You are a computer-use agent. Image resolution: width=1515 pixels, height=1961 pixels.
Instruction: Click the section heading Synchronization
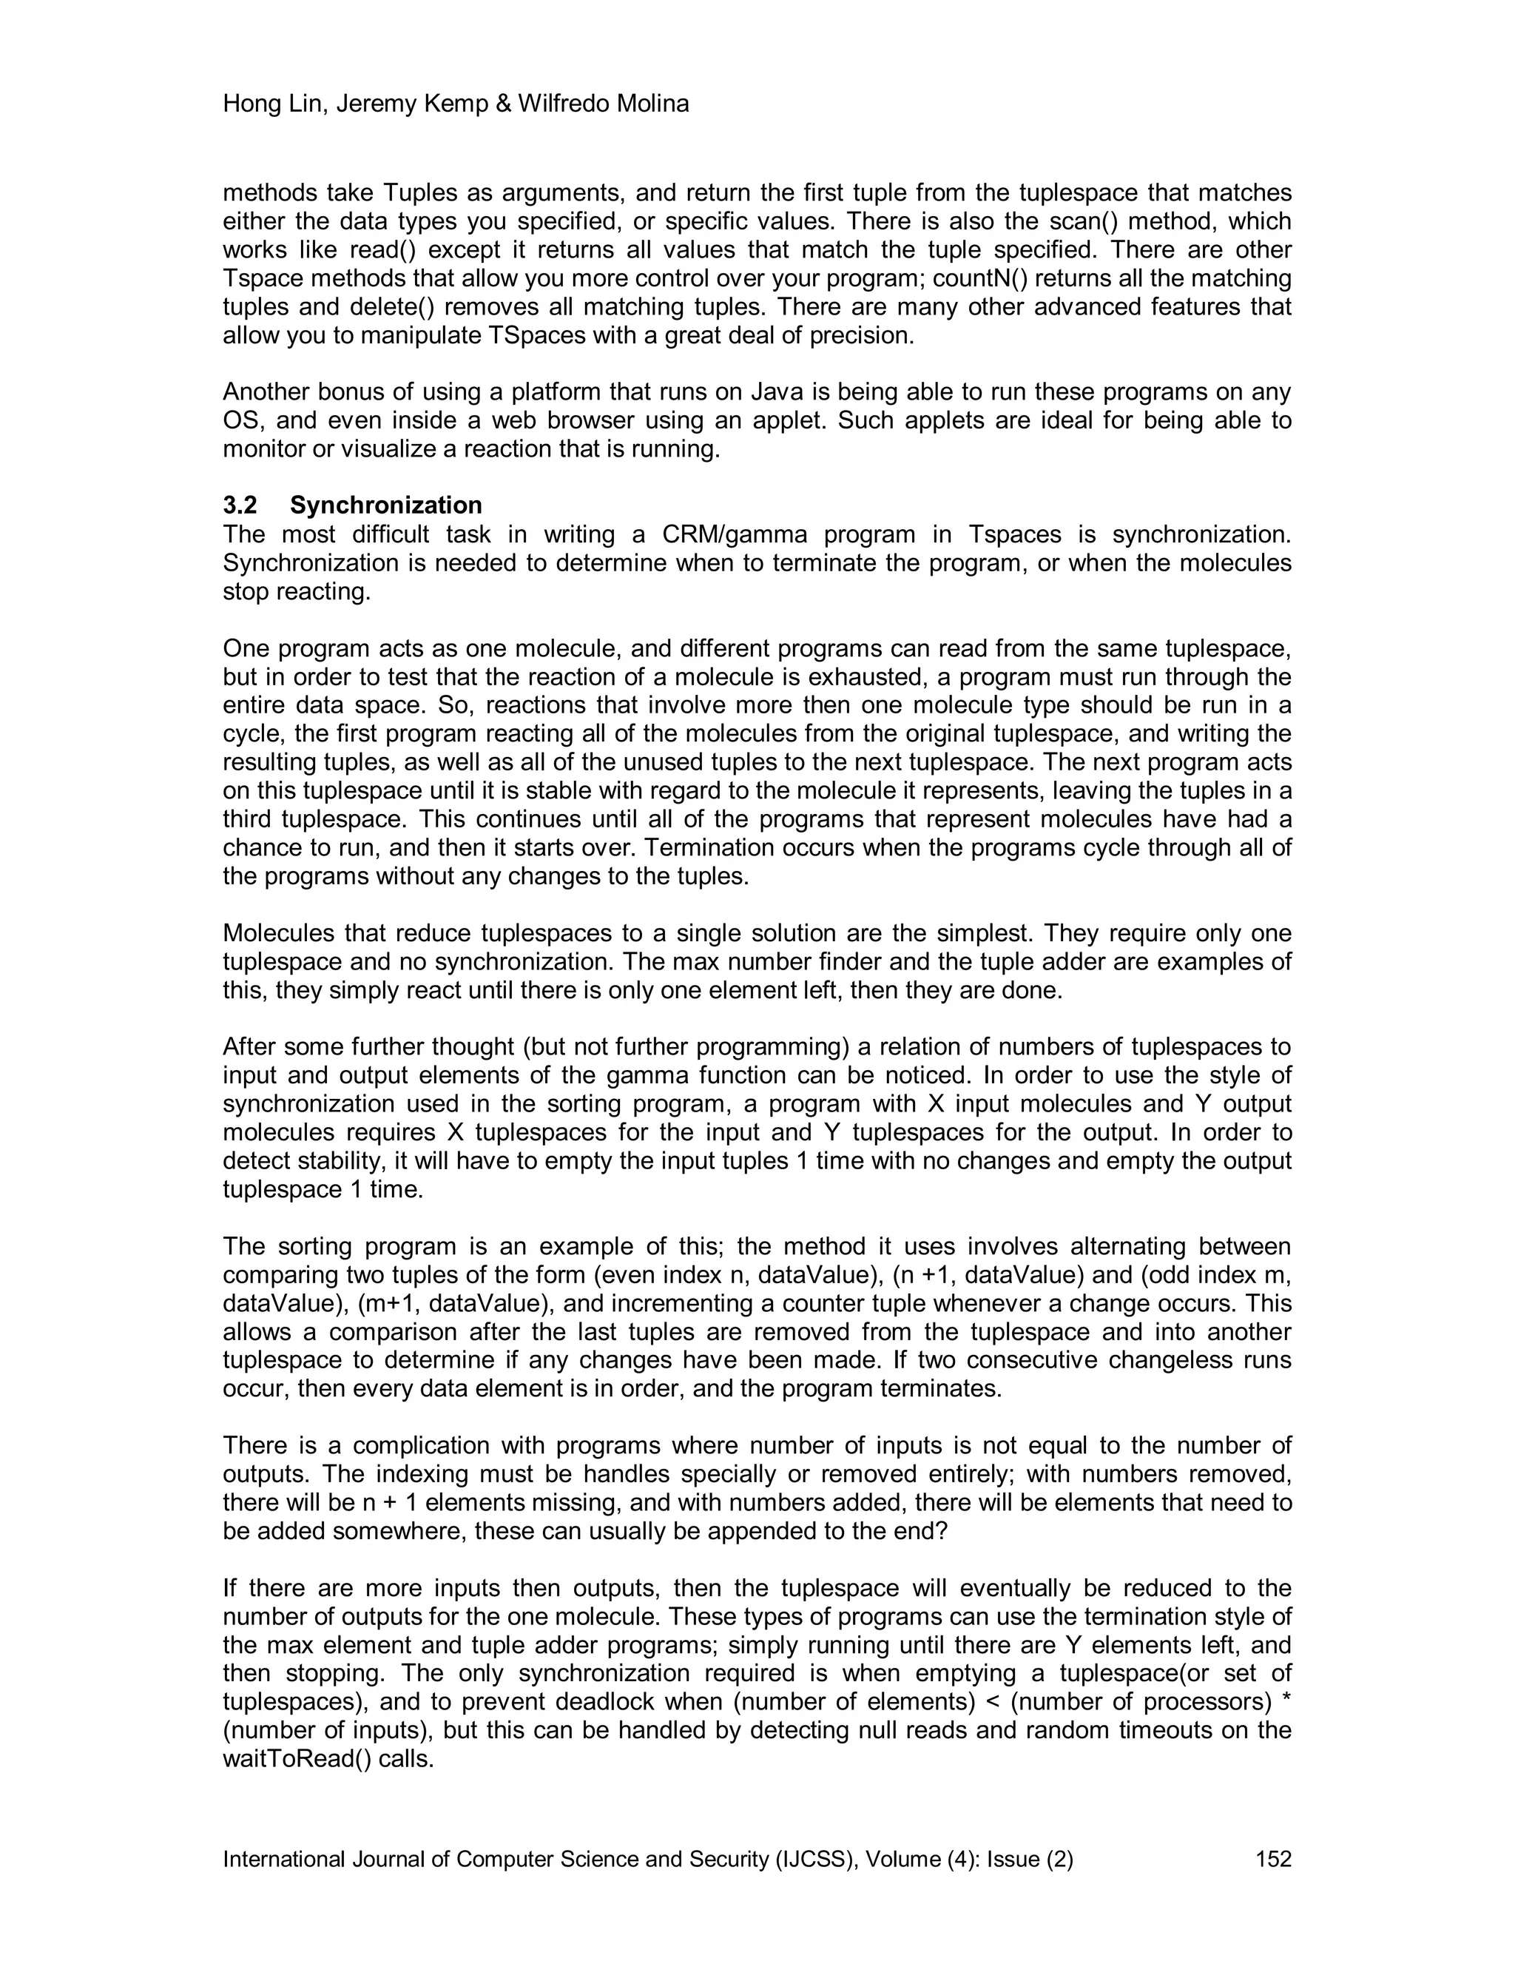pos(386,505)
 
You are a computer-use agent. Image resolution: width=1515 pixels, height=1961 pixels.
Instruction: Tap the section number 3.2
pos(240,505)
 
